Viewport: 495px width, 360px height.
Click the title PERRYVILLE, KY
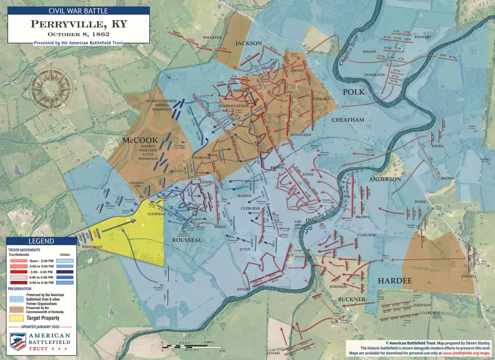pyautogui.click(x=79, y=24)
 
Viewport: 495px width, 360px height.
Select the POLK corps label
pyautogui.click(x=354, y=92)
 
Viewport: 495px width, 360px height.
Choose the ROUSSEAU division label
pyautogui.click(x=187, y=240)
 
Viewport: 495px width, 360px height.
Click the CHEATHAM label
pyautogui.click(x=348, y=120)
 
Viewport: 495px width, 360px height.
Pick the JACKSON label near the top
pyautogui.click(x=248, y=43)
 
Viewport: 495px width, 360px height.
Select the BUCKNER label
pyautogui.click(x=351, y=299)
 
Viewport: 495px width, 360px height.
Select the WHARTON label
pyautogui.click(x=213, y=38)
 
